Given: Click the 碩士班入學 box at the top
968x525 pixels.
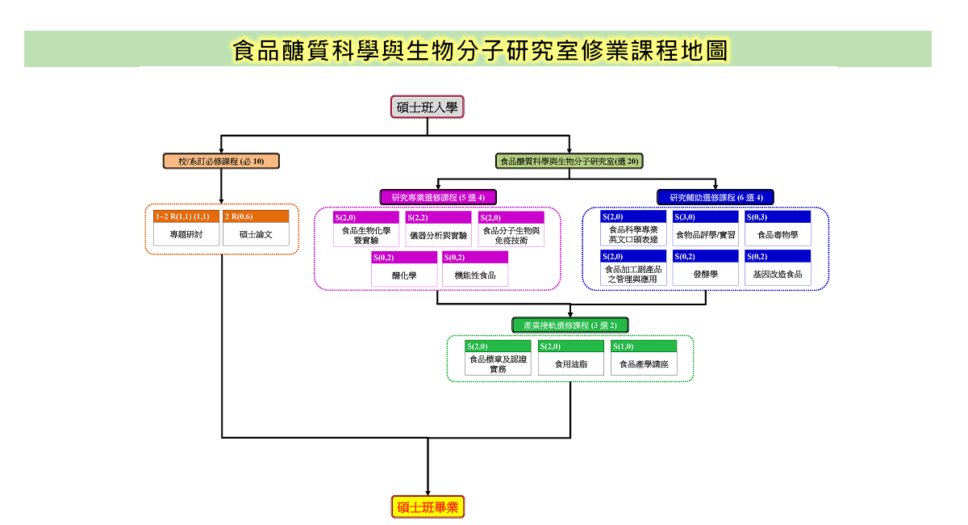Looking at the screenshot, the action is [x=427, y=107].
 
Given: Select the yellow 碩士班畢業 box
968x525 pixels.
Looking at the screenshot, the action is [x=428, y=506].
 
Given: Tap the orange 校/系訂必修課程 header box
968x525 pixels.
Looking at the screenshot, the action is [x=221, y=161].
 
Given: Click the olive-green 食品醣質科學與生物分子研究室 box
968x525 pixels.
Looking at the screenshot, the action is [x=570, y=161].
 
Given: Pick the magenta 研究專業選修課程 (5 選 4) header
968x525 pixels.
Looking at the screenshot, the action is [x=438, y=197].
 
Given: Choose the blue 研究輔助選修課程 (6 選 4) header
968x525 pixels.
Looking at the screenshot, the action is [x=716, y=197].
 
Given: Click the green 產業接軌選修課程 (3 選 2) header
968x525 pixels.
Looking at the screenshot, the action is [x=570, y=325].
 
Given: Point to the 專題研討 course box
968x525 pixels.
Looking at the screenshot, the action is [x=186, y=228].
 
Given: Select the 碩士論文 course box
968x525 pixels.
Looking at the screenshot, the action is [x=256, y=228].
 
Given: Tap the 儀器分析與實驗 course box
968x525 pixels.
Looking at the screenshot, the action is [x=438, y=229].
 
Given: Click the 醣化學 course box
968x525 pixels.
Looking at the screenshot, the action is [x=404, y=269].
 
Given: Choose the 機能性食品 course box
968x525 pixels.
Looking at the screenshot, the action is [x=475, y=269].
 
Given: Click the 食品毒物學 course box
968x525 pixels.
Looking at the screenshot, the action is [x=778, y=228].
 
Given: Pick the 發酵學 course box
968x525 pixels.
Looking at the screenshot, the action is [x=705, y=268].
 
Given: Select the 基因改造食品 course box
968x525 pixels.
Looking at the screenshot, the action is [x=778, y=268].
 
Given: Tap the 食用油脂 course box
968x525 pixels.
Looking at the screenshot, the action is [x=571, y=358].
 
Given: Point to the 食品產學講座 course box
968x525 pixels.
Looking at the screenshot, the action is [x=644, y=358].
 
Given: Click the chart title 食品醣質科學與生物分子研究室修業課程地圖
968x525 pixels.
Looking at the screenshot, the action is [x=481, y=50].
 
